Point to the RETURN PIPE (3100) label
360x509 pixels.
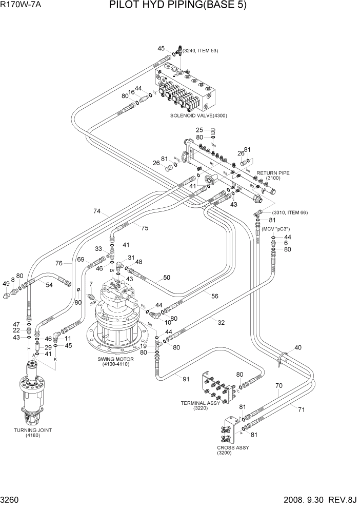tap(273, 175)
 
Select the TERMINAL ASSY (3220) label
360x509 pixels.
tap(200, 405)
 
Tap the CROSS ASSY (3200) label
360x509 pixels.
tap(226, 450)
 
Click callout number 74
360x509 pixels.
tap(96, 211)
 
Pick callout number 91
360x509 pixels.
tap(185, 379)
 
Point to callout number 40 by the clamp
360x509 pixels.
tap(298, 347)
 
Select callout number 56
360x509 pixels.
tap(215, 297)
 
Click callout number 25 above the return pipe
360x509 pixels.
tap(200, 130)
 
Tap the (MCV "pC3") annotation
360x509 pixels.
tap(276, 228)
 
